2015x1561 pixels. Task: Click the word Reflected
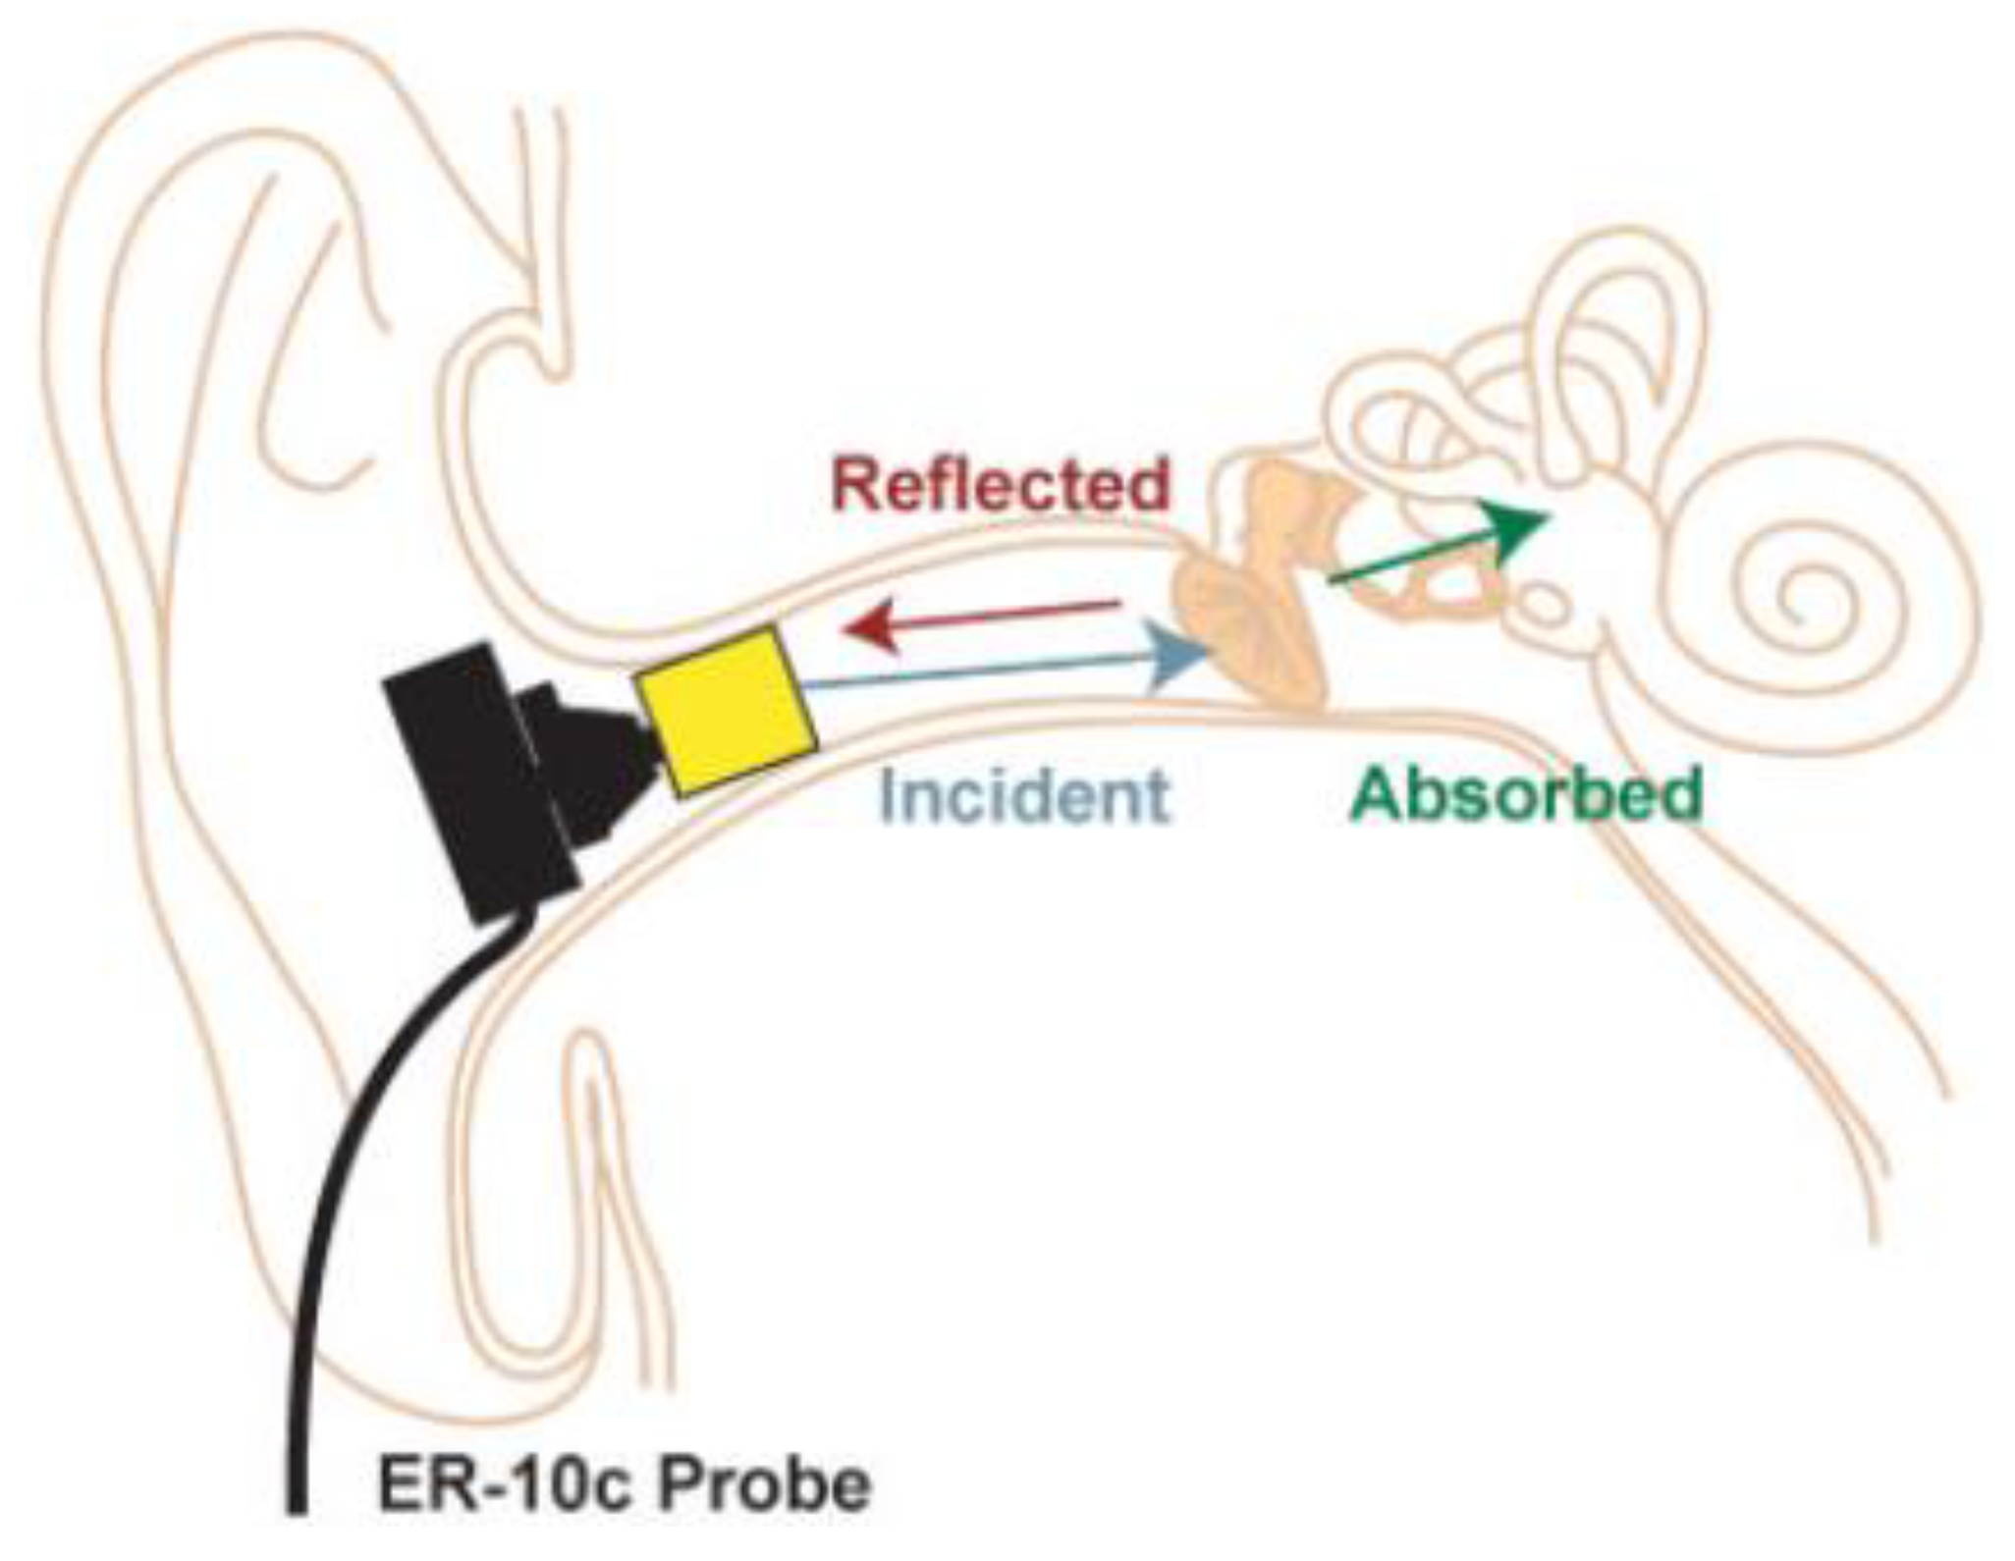tap(1001, 484)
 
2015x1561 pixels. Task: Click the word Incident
tap(1024, 795)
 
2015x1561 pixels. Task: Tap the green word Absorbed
tap(1525, 794)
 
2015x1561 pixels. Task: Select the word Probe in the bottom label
tap(764, 1485)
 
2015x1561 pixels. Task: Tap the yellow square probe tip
tap(726, 710)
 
